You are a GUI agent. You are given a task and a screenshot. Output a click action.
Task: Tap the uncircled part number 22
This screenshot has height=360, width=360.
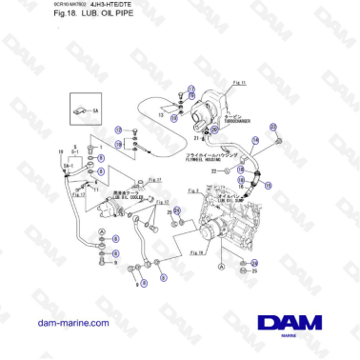(213, 171)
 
